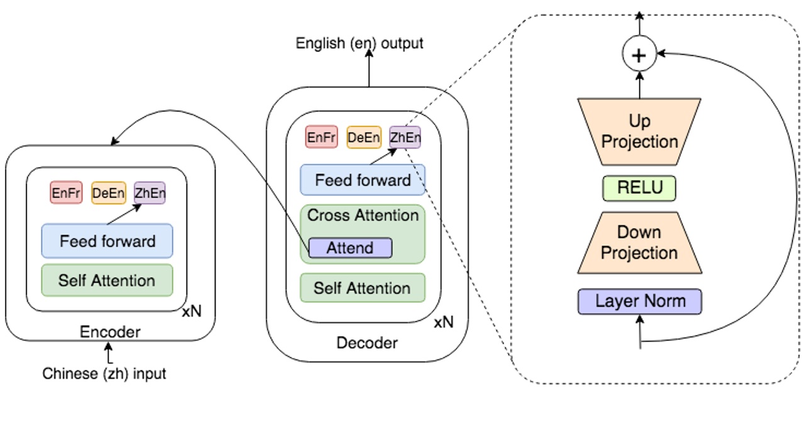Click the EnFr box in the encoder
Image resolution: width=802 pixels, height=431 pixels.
[66, 193]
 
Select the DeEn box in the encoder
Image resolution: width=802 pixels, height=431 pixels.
[108, 193]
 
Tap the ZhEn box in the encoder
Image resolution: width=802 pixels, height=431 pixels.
[150, 193]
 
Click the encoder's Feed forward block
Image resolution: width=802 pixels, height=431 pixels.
[107, 241]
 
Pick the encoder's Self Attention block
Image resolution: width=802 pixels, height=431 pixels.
[107, 280]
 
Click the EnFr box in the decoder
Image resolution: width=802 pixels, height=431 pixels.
[321, 138]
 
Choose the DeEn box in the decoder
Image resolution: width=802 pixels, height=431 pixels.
[363, 138]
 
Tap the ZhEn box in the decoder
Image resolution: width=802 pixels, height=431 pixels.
[405, 138]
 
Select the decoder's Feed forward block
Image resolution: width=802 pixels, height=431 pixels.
[363, 180]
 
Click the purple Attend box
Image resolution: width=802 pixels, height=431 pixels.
[350, 248]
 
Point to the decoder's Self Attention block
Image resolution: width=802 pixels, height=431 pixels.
[363, 288]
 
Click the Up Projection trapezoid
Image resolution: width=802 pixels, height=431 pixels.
[639, 131]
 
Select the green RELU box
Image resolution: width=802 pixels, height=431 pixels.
[639, 188]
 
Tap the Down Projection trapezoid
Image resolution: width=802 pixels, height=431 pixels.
[639, 243]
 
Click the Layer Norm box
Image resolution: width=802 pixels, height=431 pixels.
[639, 301]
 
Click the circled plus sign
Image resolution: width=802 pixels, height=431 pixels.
[639, 55]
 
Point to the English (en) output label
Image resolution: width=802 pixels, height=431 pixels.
[360, 43]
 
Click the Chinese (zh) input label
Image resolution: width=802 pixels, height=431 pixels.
[104, 374]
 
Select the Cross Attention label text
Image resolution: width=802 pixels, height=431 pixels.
[363, 215]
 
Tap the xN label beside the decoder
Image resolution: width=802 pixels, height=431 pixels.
[443, 322]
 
